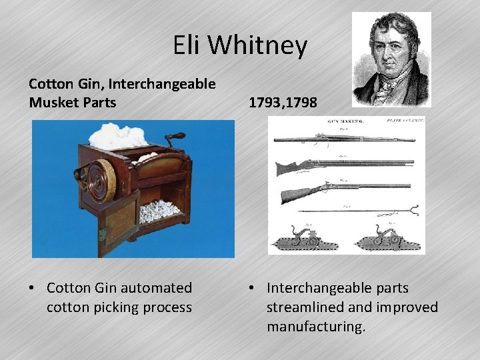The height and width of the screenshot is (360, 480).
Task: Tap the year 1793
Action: pos(264,103)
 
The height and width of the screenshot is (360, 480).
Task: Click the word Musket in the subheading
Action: pos(53,102)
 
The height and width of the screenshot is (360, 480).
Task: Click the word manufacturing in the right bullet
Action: pos(316,327)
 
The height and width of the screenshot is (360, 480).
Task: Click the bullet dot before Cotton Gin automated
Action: pos(33,289)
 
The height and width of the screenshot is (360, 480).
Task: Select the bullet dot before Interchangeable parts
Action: pos(253,289)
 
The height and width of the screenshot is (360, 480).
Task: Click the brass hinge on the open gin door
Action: pos(102,234)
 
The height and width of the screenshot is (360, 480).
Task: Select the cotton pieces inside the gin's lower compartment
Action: pos(158,213)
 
